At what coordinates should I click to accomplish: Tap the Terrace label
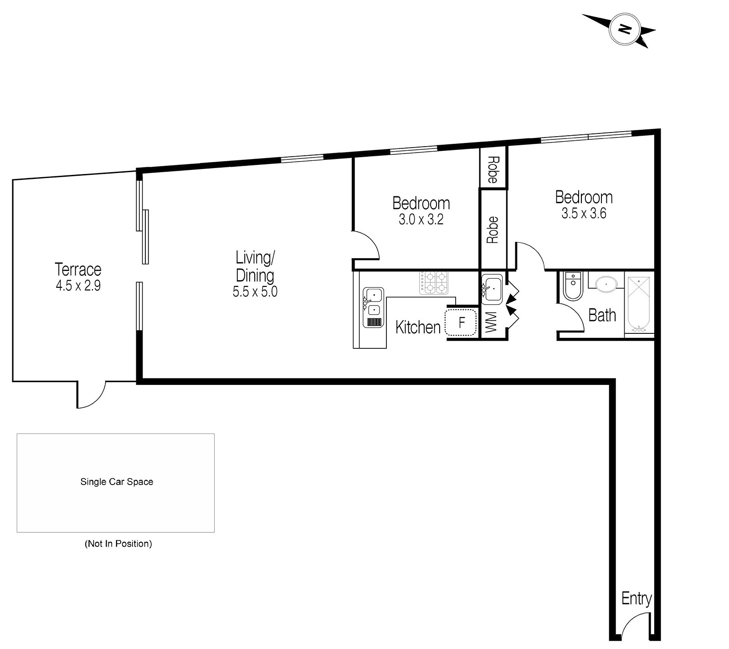pyautogui.click(x=78, y=269)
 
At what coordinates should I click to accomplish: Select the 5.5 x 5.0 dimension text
pyautogui.click(x=255, y=291)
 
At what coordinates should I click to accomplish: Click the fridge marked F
pyautogui.click(x=461, y=323)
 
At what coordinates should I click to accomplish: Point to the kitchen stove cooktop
pyautogui.click(x=434, y=282)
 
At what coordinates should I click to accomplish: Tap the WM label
pyautogui.click(x=491, y=322)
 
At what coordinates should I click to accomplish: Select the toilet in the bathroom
pyautogui.click(x=573, y=286)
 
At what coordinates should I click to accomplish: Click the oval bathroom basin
pyautogui.click(x=606, y=284)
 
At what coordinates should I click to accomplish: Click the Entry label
pyautogui.click(x=636, y=598)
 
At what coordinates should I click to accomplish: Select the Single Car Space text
pyautogui.click(x=117, y=482)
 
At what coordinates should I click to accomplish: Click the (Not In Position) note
pyautogui.click(x=118, y=543)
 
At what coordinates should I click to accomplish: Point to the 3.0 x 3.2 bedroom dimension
pyautogui.click(x=421, y=220)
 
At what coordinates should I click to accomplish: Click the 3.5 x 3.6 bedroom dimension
pyautogui.click(x=584, y=213)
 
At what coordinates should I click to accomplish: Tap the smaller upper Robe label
pyautogui.click(x=493, y=169)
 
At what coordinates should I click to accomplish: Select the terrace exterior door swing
pyautogui.click(x=92, y=394)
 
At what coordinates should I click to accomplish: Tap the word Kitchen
pyautogui.click(x=418, y=327)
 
